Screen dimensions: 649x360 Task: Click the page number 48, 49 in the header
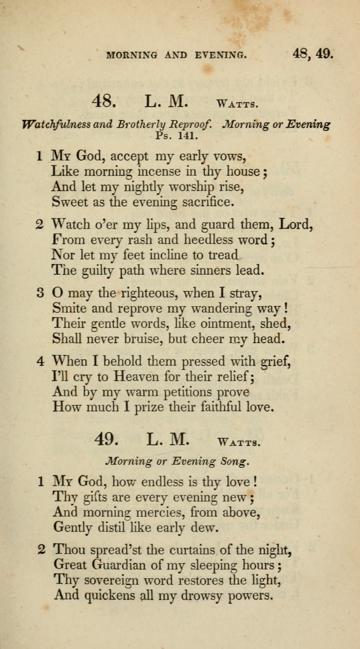tap(313, 54)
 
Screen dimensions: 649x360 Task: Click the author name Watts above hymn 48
tap(238, 104)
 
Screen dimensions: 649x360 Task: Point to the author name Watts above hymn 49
tap(238, 442)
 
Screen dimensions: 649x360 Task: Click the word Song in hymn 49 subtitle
tap(233, 462)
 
